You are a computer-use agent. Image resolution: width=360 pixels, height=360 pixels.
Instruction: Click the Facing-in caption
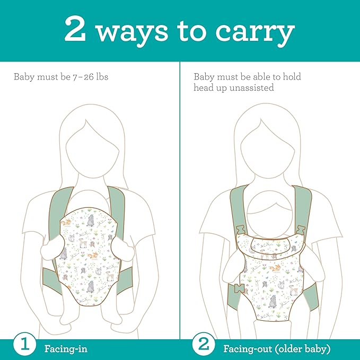point(66,349)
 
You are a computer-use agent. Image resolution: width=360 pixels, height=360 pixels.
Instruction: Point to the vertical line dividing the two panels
point(180,201)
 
